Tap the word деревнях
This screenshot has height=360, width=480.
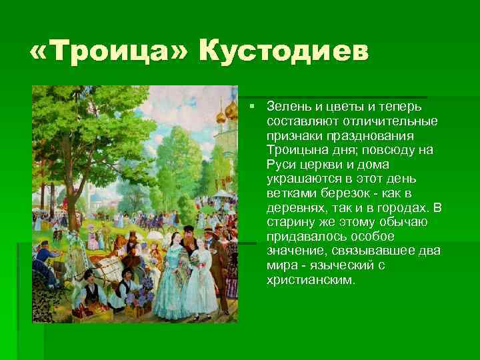pyautogui.click(x=295, y=208)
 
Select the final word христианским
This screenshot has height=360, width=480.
pyautogui.click(x=311, y=281)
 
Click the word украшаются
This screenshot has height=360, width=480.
pyautogui.click(x=300, y=179)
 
